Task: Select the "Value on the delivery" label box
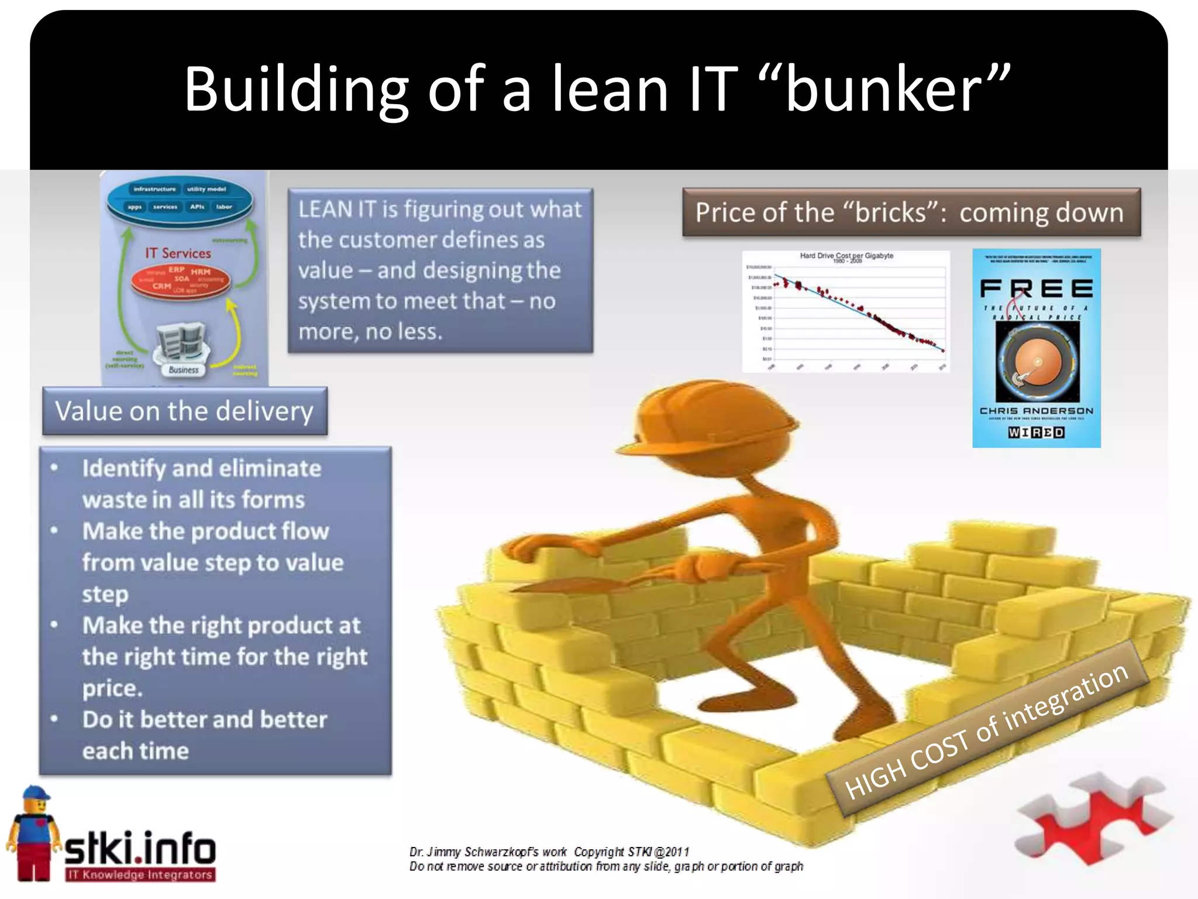click(184, 411)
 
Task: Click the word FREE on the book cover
click(1036, 289)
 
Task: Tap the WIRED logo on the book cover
click(1036, 433)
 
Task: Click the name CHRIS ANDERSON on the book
click(1036, 411)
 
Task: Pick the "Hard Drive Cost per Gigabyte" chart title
click(846, 256)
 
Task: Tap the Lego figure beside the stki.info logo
click(33, 831)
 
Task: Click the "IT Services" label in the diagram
click(178, 253)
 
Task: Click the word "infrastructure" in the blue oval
click(154, 189)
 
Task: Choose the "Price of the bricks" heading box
click(911, 212)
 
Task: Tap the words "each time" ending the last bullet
click(136, 750)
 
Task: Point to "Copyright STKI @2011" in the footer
click(631, 852)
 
